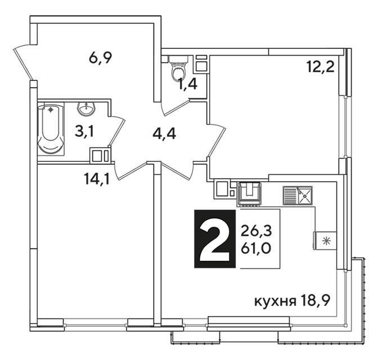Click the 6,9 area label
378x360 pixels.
(100, 58)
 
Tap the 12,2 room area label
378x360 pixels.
(321, 66)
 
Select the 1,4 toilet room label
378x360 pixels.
(188, 84)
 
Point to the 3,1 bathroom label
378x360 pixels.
(84, 132)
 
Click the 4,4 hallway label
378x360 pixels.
(164, 134)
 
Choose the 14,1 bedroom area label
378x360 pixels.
(97, 179)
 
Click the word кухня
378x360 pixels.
(275, 301)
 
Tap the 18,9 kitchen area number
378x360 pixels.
(315, 301)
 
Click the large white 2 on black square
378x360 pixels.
(215, 238)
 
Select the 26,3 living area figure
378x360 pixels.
(256, 231)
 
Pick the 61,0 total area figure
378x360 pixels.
(256, 248)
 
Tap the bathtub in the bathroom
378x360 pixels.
(51, 129)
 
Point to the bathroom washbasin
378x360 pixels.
(86, 109)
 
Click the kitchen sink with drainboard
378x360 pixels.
(298, 195)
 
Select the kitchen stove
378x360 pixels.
(249, 195)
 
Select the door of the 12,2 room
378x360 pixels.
(217, 140)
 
